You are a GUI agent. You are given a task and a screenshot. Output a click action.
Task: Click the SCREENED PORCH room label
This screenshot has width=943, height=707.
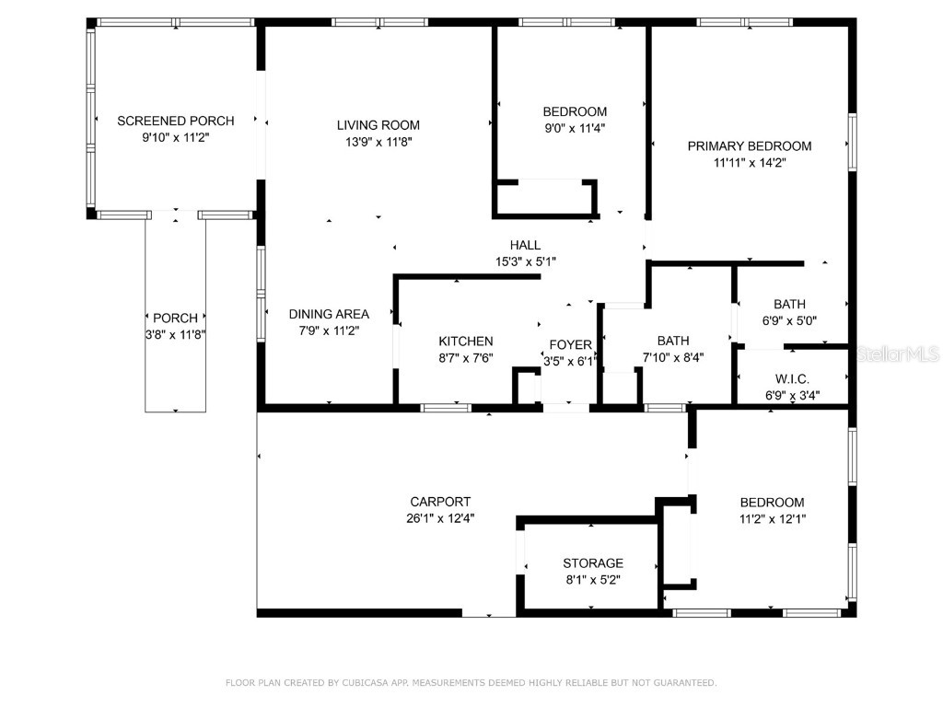pyautogui.click(x=176, y=121)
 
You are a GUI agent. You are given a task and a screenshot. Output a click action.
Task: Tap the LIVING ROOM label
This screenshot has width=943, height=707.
pyautogui.click(x=378, y=125)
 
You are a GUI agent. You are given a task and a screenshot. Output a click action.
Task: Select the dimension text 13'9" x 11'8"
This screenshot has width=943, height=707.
pyautogui.click(x=378, y=142)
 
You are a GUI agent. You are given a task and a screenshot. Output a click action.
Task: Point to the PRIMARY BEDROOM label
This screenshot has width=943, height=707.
pyautogui.click(x=750, y=146)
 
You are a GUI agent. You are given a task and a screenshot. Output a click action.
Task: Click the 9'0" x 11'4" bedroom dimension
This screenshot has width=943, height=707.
pyautogui.click(x=575, y=128)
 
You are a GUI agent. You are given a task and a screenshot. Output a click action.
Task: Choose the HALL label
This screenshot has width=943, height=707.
pyautogui.click(x=525, y=245)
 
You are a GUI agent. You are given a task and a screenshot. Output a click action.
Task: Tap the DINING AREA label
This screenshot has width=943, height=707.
pyautogui.click(x=329, y=314)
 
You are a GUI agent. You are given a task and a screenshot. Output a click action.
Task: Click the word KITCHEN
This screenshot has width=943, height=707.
pyautogui.click(x=466, y=342)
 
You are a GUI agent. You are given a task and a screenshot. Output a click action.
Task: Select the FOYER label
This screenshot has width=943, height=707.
pyautogui.click(x=570, y=344)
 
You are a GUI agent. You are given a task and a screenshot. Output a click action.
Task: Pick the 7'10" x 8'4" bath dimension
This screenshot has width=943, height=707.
pyautogui.click(x=673, y=357)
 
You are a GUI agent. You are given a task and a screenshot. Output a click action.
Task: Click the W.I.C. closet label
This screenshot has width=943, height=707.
pyautogui.click(x=792, y=378)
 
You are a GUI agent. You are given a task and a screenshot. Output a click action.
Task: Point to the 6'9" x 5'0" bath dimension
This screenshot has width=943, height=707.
pyautogui.click(x=789, y=320)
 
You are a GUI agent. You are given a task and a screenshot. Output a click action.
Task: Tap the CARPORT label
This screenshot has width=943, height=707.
pyautogui.click(x=440, y=502)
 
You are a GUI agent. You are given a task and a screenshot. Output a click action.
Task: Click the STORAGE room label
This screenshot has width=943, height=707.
pyautogui.click(x=593, y=563)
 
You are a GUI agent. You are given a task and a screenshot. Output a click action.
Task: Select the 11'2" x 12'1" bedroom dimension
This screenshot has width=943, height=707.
pyautogui.click(x=773, y=519)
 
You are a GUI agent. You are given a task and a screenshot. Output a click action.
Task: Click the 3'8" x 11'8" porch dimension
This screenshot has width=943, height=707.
pyautogui.click(x=176, y=335)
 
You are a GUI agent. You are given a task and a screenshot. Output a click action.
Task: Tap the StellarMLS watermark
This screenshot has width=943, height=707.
pyautogui.click(x=896, y=354)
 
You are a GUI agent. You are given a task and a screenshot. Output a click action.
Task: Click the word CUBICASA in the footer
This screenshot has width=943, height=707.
pyautogui.click(x=367, y=682)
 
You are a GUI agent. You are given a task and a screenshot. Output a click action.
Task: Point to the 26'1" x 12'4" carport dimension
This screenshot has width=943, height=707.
pyautogui.click(x=440, y=518)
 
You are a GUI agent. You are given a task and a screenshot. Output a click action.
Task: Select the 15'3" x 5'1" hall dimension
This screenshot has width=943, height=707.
pyautogui.click(x=526, y=261)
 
